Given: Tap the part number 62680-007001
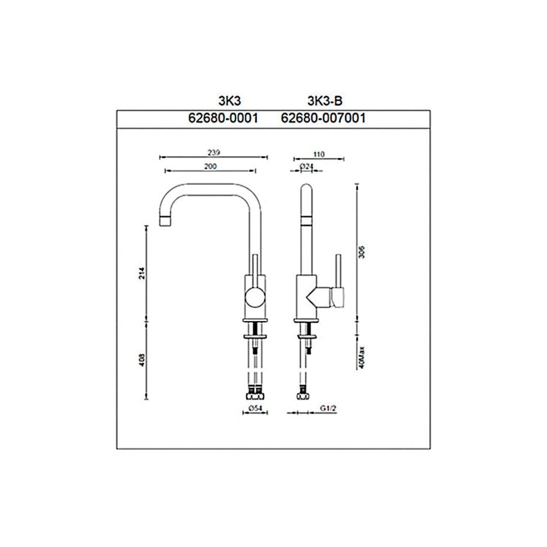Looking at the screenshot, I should coord(323,119).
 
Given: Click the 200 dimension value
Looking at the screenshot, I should coord(210,167).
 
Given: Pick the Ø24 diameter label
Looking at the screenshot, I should coord(306,167).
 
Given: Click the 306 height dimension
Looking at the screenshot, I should coord(361,252).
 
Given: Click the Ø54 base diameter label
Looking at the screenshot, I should coord(254,409).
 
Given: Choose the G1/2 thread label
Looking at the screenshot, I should coord(327,409).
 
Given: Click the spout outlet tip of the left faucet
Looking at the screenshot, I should coord(167,220).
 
